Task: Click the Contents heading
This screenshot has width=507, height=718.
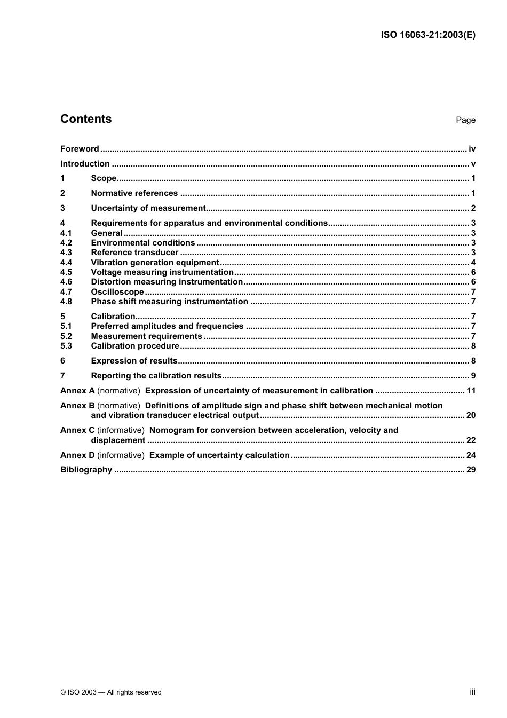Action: click(86, 119)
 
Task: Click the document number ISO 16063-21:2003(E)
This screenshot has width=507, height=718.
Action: click(427, 35)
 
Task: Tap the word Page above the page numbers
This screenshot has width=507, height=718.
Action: click(465, 120)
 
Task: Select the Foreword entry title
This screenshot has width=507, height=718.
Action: click(80, 149)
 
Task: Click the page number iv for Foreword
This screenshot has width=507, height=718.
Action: click(472, 149)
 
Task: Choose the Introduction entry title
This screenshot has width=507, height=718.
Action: click(85, 164)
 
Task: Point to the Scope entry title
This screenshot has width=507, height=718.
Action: click(104, 178)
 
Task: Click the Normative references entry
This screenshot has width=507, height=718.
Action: click(134, 193)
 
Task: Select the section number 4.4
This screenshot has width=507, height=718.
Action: click(66, 262)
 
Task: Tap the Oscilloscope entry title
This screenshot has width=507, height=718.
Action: click(117, 292)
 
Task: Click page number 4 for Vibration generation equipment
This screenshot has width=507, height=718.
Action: click(473, 262)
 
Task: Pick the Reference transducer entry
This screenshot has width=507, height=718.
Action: click(134, 253)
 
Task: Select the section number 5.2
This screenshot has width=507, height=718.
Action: click(66, 336)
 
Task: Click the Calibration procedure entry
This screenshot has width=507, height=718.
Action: click(135, 346)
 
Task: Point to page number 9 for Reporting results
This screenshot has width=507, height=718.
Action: click(473, 376)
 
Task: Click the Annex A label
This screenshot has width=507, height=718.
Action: click(77, 391)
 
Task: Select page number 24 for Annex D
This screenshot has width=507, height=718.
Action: click(471, 455)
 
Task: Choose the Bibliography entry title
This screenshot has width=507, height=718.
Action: click(86, 470)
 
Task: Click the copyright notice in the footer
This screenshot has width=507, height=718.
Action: click(111, 692)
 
